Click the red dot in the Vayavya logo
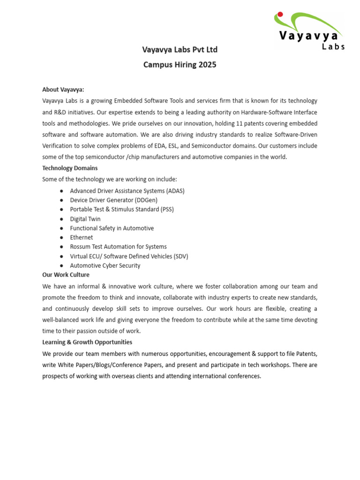(280, 14)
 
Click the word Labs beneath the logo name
(333, 46)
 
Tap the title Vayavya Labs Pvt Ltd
(180, 50)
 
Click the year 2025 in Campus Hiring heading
(207, 65)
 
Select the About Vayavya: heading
(63, 90)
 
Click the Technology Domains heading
(70, 168)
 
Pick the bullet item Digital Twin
(85, 219)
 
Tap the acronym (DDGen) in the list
(146, 200)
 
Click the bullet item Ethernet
(82, 238)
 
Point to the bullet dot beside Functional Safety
(62, 228)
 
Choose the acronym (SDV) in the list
(178, 256)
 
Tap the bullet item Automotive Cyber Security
(105, 266)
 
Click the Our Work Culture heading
(66, 275)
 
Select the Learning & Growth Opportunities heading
(87, 342)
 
